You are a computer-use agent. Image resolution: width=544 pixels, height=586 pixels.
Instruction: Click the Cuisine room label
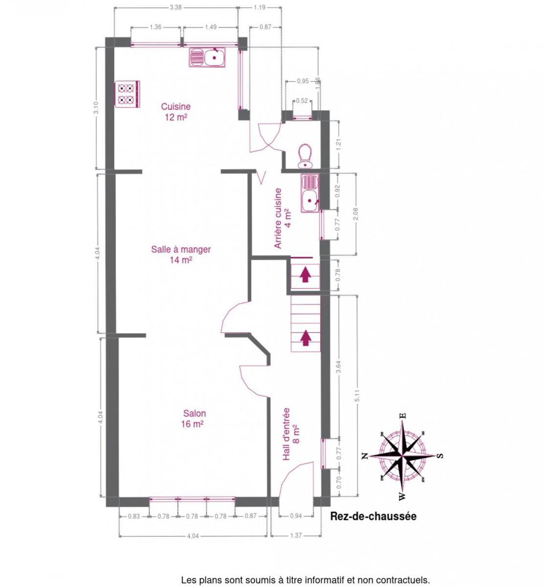(x=176, y=112)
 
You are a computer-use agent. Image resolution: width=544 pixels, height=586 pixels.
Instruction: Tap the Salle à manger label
(x=181, y=254)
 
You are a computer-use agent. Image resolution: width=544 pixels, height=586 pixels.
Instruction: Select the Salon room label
(x=193, y=419)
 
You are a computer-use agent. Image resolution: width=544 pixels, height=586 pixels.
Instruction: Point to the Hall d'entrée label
(x=291, y=434)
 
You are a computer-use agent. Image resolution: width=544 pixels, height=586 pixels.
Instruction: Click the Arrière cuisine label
(x=283, y=218)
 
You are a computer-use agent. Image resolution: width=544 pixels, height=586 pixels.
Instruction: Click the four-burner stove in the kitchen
(x=127, y=94)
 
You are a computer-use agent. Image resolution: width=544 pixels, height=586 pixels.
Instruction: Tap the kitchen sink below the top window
(x=207, y=57)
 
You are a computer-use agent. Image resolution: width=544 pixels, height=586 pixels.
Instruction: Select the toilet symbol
(x=305, y=156)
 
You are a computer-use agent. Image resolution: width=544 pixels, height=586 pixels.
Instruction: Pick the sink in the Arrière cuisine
(x=310, y=193)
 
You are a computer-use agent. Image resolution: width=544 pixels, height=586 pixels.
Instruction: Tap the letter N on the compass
(x=365, y=456)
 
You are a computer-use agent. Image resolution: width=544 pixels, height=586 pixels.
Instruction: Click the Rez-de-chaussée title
(x=373, y=516)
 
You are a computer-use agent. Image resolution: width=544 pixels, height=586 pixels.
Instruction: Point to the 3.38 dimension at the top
(x=175, y=7)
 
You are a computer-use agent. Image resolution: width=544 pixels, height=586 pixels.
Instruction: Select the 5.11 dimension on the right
(x=357, y=396)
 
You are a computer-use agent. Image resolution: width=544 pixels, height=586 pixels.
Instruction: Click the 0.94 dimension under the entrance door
(x=296, y=516)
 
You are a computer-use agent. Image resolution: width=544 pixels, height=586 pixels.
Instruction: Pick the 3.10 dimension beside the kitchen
(x=96, y=108)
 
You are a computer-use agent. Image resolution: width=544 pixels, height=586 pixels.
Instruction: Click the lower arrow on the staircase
(x=305, y=337)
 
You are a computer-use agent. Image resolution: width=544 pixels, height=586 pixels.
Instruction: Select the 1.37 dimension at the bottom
(x=296, y=536)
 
